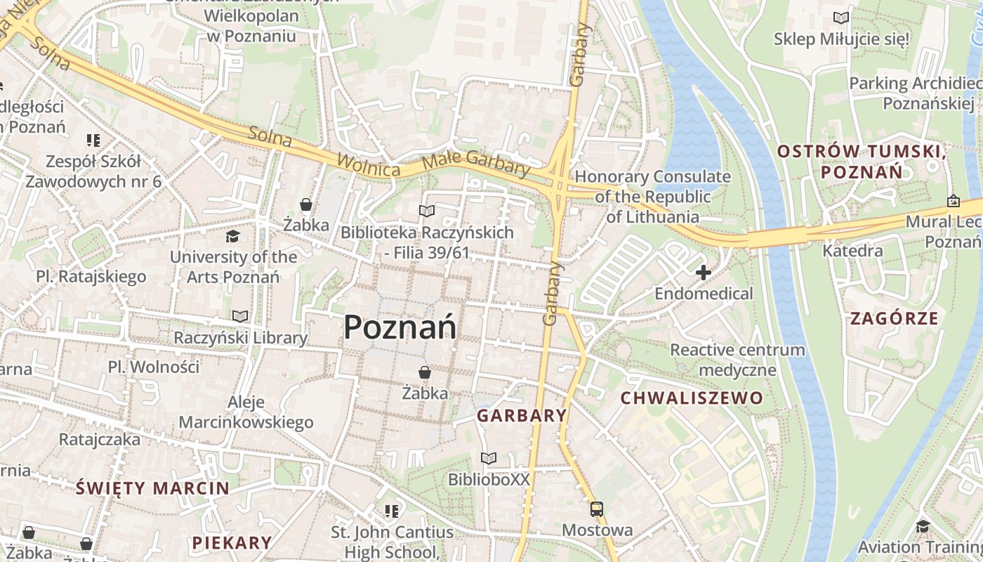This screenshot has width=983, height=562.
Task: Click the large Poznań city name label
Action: [x=400, y=327]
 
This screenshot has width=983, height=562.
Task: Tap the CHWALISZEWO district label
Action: [x=692, y=398]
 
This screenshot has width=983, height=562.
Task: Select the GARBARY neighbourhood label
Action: [x=522, y=415]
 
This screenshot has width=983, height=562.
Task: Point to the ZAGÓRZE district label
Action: [x=894, y=318]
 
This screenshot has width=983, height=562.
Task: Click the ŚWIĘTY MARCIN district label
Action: [x=152, y=488]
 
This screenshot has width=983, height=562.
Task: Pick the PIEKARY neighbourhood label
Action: [x=232, y=542]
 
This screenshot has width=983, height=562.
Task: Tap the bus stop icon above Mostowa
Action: [x=596, y=509]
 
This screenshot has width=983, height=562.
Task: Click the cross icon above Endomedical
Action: [x=703, y=273]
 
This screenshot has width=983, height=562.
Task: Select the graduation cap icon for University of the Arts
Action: [x=232, y=237]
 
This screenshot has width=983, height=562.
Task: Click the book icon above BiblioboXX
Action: [x=489, y=459]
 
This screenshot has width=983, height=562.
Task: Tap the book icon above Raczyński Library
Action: [x=240, y=317]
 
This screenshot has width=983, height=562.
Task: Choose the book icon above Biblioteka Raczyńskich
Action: [x=426, y=211]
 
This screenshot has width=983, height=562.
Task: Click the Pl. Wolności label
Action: [x=154, y=367]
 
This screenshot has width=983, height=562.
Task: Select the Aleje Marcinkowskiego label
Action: [x=246, y=412]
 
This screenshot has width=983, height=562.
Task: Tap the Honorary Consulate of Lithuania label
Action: [x=653, y=197]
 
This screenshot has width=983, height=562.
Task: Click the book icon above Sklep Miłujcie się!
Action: [x=840, y=18]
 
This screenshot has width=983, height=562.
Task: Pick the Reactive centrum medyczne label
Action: [x=737, y=360]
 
